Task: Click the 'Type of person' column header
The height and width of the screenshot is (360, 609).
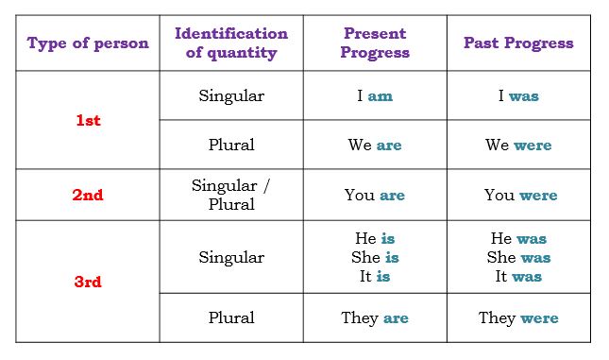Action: click(x=88, y=43)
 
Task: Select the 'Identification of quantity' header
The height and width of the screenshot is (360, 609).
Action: click(x=231, y=43)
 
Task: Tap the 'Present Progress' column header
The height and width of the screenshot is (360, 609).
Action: click(x=375, y=43)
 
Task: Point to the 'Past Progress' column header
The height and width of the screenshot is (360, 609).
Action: click(x=518, y=43)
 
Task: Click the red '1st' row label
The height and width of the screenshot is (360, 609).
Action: click(x=88, y=121)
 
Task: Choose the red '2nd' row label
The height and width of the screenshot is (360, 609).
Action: click(x=88, y=196)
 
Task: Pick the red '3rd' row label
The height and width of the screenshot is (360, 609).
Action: click(x=88, y=282)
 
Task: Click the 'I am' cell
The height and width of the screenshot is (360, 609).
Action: click(x=374, y=96)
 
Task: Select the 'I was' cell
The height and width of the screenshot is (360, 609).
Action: click(x=518, y=96)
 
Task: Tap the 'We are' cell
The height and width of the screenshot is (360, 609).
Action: click(x=374, y=146)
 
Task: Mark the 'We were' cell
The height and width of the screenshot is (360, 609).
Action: click(x=518, y=146)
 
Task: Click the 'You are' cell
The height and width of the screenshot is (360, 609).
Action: click(x=374, y=196)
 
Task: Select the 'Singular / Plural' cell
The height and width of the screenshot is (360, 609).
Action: click(x=231, y=195)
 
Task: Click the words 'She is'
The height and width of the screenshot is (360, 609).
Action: click(x=374, y=258)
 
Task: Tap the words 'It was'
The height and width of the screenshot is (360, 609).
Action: click(x=518, y=277)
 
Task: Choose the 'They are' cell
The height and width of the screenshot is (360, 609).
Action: click(x=374, y=318)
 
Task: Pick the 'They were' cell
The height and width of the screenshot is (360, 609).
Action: click(x=518, y=318)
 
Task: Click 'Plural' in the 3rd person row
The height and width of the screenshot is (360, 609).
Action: click(x=231, y=318)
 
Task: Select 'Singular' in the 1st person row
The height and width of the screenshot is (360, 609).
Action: click(x=231, y=96)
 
